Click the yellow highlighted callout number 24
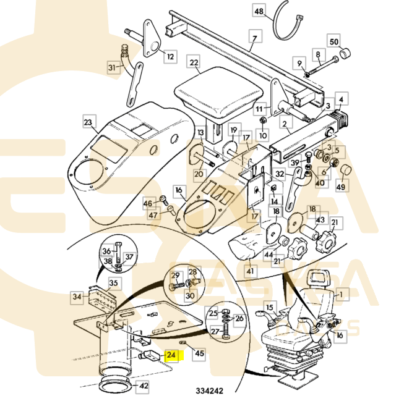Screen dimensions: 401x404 coord(171,355)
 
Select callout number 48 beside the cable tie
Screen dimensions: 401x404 coord(259,11)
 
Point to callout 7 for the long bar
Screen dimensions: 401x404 coord(253,38)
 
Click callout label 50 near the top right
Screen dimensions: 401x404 coord(333,41)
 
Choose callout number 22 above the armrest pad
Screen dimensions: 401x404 coord(194,63)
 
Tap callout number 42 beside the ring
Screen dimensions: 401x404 coord(143,386)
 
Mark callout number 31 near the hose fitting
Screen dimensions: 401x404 coord(112,67)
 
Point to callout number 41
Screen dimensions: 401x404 coord(249,271)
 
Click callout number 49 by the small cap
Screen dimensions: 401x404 coord(340,187)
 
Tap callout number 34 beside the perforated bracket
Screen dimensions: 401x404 coord(77,297)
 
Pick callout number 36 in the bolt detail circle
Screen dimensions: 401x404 coord(106,251)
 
